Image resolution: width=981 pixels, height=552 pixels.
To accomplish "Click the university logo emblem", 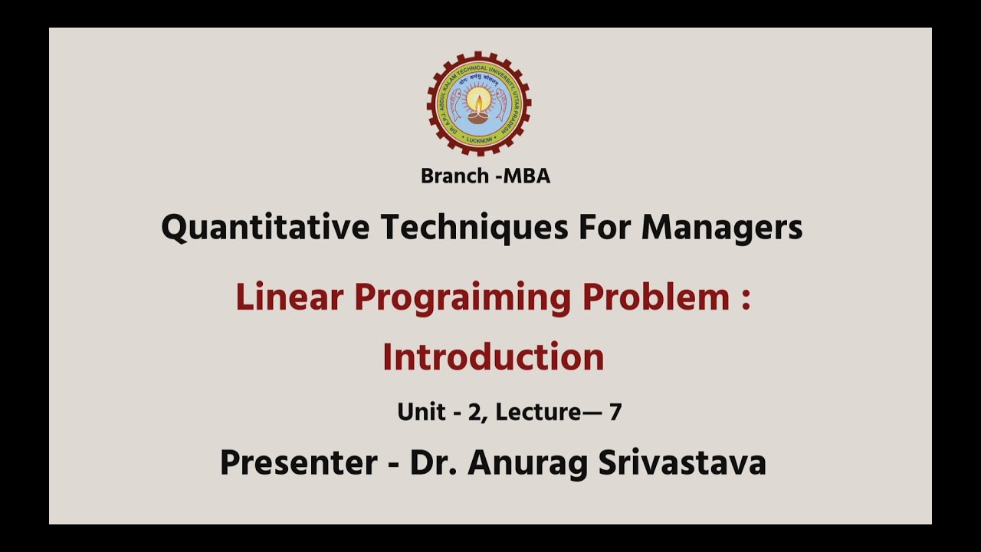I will (x=479, y=104).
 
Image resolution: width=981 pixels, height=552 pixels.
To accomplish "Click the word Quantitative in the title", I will (x=266, y=228).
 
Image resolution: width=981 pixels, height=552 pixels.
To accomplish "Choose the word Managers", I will (x=722, y=228).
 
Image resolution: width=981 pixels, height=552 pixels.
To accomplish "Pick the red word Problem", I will (x=656, y=297).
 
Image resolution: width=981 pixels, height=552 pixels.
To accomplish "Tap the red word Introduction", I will (x=493, y=357).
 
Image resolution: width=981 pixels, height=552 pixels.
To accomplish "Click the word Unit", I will (x=421, y=412).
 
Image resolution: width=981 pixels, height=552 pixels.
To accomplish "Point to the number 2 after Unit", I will (x=474, y=412).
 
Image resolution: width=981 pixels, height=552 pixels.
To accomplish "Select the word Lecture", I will (x=538, y=412).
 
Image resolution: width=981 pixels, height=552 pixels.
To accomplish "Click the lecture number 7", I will (x=615, y=412).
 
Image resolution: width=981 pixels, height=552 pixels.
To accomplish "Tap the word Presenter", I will (x=298, y=463).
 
